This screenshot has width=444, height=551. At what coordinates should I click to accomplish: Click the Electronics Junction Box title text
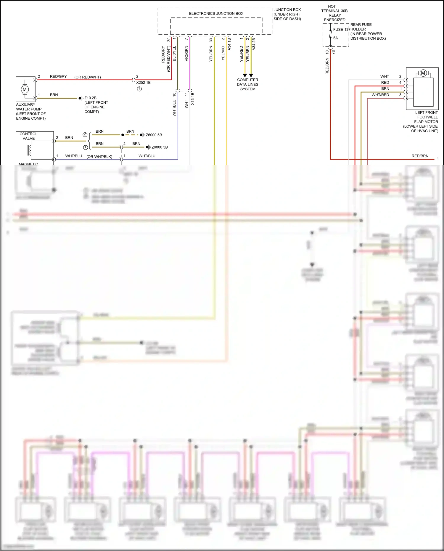click(216, 14)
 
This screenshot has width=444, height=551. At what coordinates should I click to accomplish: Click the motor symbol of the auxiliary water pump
click(25, 89)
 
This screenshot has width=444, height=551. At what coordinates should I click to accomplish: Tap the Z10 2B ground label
click(90, 98)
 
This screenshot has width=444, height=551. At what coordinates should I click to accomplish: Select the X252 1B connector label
click(144, 83)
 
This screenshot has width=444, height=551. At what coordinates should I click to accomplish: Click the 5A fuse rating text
click(335, 38)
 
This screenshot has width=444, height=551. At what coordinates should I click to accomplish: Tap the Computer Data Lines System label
click(247, 84)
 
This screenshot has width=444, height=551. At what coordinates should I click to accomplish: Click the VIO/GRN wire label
click(186, 54)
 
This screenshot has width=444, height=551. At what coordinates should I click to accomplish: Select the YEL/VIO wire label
click(223, 53)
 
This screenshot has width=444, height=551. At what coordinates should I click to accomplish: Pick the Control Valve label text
click(28, 136)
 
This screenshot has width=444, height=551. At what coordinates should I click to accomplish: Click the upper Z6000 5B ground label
click(154, 135)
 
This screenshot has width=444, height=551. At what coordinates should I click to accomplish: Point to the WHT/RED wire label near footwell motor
click(380, 95)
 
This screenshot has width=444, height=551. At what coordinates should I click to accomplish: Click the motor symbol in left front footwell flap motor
click(423, 73)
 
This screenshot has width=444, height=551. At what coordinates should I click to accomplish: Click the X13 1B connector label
click(193, 99)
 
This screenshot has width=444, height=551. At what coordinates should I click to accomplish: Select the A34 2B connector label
click(254, 44)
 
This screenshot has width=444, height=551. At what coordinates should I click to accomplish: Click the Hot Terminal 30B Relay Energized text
click(334, 13)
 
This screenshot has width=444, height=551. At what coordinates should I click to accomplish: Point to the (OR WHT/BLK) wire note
click(99, 157)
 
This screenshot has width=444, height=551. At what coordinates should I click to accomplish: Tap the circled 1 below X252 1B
click(139, 89)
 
